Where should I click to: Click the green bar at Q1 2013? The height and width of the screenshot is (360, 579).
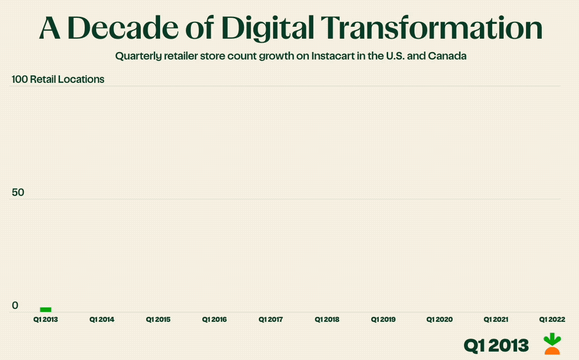[46, 309]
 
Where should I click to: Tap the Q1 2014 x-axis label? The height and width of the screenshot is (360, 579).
[102, 320]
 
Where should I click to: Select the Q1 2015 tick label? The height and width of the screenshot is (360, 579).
[158, 320]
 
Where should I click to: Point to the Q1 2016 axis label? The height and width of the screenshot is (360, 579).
[214, 320]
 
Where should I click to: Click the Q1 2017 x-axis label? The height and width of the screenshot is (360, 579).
[271, 320]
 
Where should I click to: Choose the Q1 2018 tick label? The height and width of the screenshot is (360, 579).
[327, 320]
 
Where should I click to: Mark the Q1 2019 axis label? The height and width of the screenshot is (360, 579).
[383, 320]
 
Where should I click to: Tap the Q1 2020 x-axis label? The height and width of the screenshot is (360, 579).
[440, 320]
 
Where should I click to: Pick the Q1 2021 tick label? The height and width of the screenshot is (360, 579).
[496, 320]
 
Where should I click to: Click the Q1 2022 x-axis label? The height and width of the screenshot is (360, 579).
[552, 320]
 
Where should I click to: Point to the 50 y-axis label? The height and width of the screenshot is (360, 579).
[18, 192]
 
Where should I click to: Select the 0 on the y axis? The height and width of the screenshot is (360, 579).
[15, 305]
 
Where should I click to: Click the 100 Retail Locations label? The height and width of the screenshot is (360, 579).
[58, 79]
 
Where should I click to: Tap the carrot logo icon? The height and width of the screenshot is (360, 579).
[552, 344]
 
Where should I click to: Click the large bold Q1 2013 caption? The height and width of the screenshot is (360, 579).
[496, 345]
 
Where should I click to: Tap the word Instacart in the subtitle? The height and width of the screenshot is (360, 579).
[332, 56]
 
